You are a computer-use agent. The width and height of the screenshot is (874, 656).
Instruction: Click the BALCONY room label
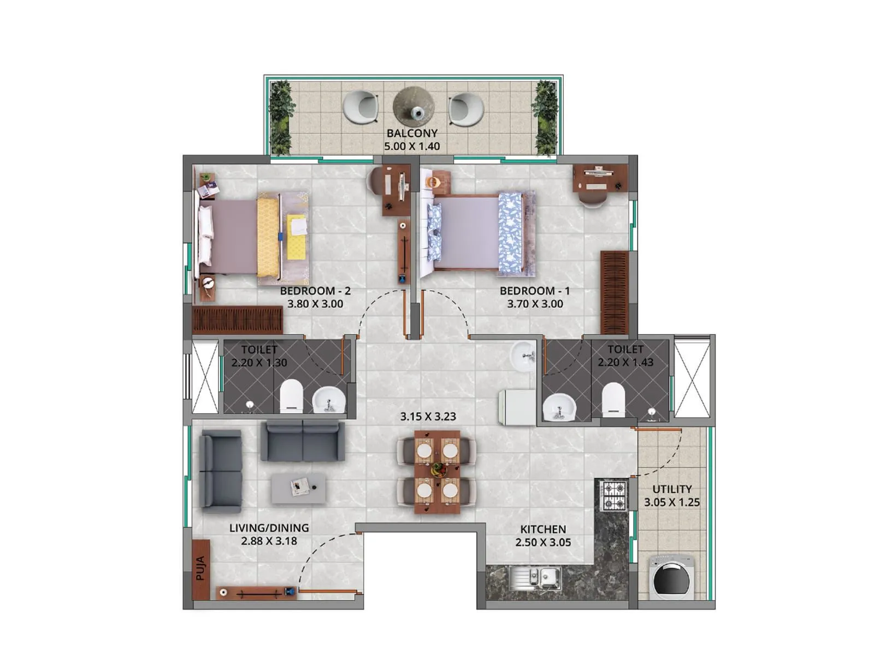pyautogui.click(x=412, y=133)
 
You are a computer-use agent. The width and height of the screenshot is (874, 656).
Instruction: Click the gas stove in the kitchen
pyautogui.click(x=612, y=495)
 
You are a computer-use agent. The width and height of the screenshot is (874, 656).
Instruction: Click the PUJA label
pyautogui.click(x=200, y=569)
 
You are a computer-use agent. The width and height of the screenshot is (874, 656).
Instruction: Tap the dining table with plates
pyautogui.click(x=436, y=471)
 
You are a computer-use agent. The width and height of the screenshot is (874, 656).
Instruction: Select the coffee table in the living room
pyautogui.click(x=298, y=488)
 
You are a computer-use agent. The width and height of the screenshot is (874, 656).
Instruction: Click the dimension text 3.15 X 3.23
pyautogui.click(x=428, y=417)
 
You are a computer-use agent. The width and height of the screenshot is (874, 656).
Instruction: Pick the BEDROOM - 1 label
pyautogui.click(x=534, y=291)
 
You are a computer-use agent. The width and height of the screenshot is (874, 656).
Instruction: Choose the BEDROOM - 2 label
pyautogui.click(x=315, y=291)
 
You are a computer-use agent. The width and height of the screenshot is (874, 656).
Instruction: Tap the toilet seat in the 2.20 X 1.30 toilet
pyautogui.click(x=291, y=396)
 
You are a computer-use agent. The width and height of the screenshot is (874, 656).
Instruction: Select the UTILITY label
pyautogui.click(x=672, y=489)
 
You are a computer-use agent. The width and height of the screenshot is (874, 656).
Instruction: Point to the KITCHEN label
pyautogui.click(x=542, y=529)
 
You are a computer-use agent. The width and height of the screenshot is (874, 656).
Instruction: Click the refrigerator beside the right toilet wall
pyautogui.click(x=517, y=407)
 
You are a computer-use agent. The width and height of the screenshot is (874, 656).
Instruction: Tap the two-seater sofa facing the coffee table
pyautogui.click(x=302, y=441)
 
